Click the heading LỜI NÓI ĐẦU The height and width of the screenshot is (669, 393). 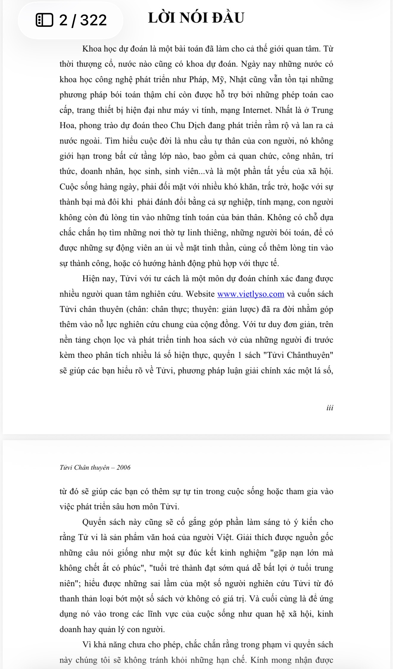coord(196,18)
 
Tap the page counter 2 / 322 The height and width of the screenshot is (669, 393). coord(83,20)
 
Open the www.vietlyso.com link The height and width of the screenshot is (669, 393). coord(251,294)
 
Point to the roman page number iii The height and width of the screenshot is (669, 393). coord(330,408)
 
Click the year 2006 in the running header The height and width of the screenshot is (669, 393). coord(123,467)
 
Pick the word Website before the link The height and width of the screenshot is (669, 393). coord(200,294)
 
